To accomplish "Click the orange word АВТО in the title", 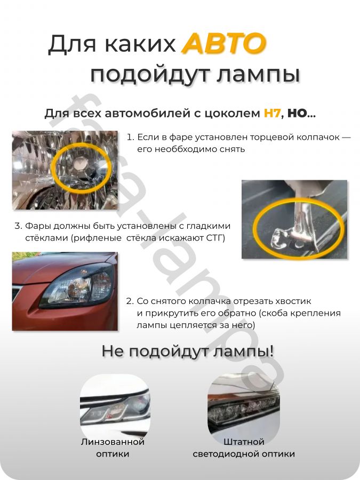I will point(223,44).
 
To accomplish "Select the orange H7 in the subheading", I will point(272,114).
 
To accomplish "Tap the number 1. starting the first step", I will point(130,137).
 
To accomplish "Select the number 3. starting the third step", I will point(18,226).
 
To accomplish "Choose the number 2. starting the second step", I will point(130,301).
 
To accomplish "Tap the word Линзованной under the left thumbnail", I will point(113,442).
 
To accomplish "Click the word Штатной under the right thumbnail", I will point(244,442).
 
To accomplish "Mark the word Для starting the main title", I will point(72,45).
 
